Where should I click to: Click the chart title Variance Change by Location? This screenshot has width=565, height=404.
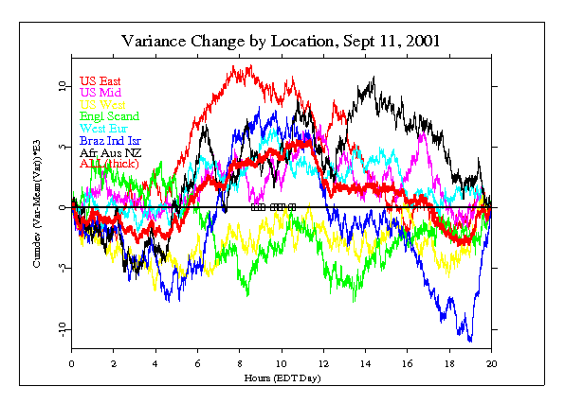click(x=281, y=42)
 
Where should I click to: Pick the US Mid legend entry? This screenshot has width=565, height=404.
click(x=100, y=93)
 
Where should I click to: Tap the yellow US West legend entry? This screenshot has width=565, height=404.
click(x=102, y=104)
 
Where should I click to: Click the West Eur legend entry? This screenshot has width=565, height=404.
click(x=103, y=128)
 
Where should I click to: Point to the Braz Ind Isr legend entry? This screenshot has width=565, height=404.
click(x=111, y=140)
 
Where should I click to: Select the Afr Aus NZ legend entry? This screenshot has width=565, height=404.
click(x=108, y=151)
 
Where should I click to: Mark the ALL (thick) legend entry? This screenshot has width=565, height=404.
click(x=109, y=164)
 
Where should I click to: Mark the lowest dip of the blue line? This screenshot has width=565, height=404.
click(x=469, y=341)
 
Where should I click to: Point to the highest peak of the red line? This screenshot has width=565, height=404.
click(x=248, y=66)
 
